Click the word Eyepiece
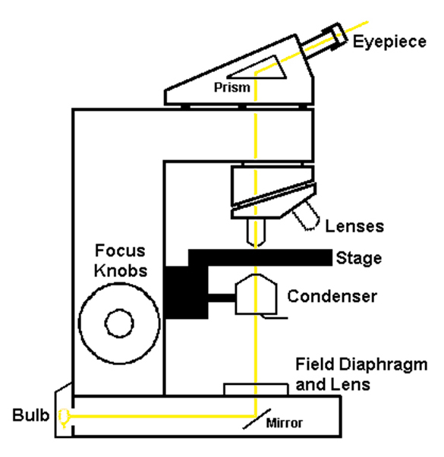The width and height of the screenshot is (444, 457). pos(389,42)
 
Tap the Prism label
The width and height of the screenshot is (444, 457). pos(232,87)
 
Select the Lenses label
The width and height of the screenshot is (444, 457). pos(354,226)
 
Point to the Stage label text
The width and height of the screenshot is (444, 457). pos(359,258)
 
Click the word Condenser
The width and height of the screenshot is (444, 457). pos(332,296)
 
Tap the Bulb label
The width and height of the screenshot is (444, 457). pos(30,414)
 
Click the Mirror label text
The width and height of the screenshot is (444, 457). pos(284,423)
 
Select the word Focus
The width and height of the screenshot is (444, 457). pos(120,251)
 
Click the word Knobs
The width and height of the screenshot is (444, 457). pos(121,271)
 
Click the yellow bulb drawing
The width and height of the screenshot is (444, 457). pos(64,418)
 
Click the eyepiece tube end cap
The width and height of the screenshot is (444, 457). pos(335,36)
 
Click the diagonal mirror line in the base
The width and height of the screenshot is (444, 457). pos(257,419)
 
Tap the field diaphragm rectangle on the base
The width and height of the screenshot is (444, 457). pos(256,384)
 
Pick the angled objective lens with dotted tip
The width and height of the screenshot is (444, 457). pos(307,216)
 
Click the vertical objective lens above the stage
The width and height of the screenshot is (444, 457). pos(256,232)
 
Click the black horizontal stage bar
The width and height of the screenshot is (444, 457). pos(260,257)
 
